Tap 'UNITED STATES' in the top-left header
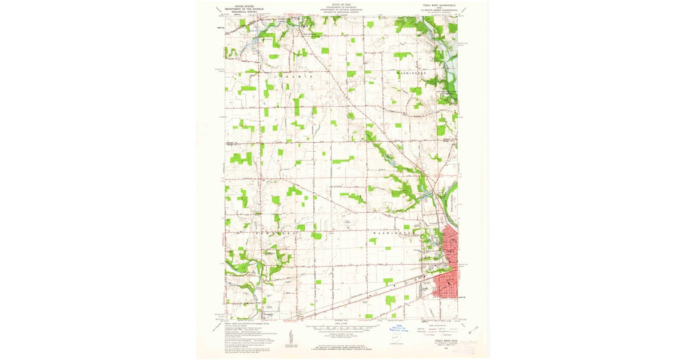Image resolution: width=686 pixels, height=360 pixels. click(x=239, y=4)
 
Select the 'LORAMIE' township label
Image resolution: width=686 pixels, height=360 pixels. click(x=294, y=76)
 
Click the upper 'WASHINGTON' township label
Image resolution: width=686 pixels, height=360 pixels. click(x=412, y=74)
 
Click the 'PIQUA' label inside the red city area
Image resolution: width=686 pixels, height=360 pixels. click(x=450, y=250)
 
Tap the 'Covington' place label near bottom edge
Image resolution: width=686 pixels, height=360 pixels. click(x=269, y=313)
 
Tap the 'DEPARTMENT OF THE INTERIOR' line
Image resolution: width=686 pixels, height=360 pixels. click(x=244, y=9)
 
